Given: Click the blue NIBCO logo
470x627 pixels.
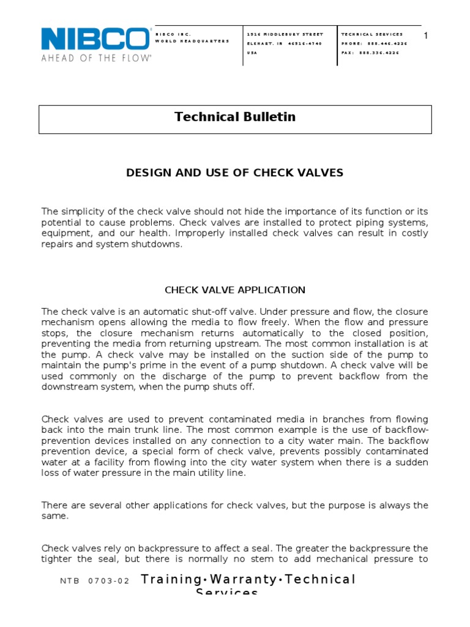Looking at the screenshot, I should click(x=95, y=39).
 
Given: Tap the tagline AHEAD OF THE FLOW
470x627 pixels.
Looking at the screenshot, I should click(x=96, y=58).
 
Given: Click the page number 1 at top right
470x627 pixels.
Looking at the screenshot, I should click(x=426, y=36).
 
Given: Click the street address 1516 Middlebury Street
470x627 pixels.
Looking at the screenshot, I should click(x=285, y=34).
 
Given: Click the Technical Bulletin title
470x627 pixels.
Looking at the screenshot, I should click(x=235, y=117).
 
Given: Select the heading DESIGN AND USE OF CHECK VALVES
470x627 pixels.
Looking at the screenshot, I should click(x=235, y=173).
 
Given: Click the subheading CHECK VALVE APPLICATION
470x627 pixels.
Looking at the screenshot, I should click(x=235, y=290).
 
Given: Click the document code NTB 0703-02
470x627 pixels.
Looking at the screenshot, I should click(x=95, y=582).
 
